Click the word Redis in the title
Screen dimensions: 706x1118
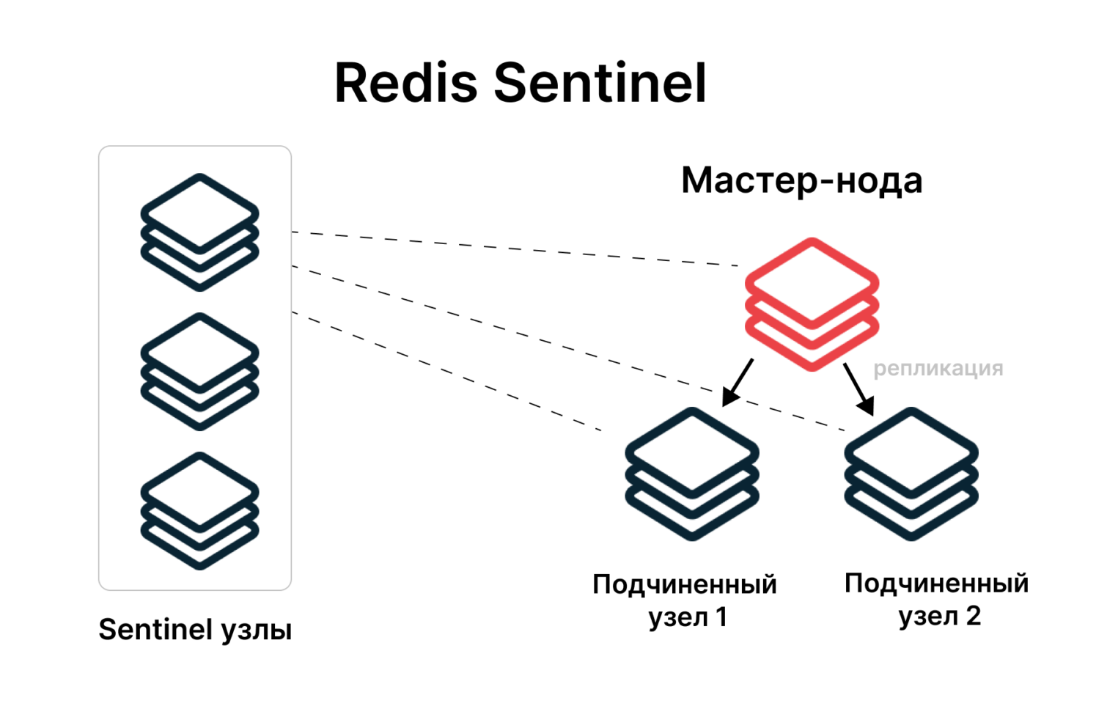(x=405, y=83)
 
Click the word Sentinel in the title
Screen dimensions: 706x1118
(x=600, y=83)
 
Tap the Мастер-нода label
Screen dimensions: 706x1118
(x=801, y=180)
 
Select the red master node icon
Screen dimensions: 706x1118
(x=812, y=304)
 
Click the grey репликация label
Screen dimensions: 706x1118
(x=938, y=368)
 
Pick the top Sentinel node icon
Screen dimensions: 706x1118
(x=199, y=232)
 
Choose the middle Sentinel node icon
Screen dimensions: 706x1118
(x=199, y=371)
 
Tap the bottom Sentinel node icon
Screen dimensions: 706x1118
(x=199, y=510)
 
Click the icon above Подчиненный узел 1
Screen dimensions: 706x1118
(x=691, y=474)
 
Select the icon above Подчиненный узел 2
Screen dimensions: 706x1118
(x=911, y=474)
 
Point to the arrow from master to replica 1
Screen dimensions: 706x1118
(x=738, y=381)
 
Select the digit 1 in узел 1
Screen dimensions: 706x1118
(x=721, y=617)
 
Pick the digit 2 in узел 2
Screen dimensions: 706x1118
(x=973, y=616)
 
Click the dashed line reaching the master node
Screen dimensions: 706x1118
(x=513, y=249)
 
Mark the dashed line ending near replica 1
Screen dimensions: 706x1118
(x=447, y=372)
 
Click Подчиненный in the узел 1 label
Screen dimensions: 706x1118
(x=684, y=585)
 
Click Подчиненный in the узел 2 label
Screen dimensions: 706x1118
(x=936, y=584)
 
